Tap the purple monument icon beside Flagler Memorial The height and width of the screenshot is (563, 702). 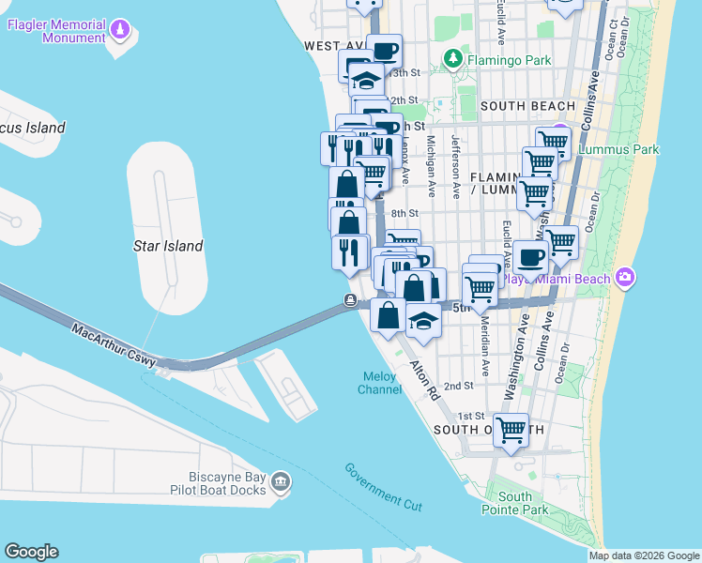pos(119,31)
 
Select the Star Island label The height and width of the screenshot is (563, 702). pos(167,246)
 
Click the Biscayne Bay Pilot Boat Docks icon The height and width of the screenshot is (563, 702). pos(280,482)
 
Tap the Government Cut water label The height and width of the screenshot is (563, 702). pos(383,487)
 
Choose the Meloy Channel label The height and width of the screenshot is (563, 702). pos(382,383)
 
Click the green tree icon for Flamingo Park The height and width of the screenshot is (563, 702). pos(453,59)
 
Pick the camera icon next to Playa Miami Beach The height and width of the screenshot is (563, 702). pos(626,278)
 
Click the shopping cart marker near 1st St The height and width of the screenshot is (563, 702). pos(511,431)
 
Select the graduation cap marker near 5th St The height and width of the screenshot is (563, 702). pos(424,321)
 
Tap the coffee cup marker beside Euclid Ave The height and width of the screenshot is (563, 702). pos(530,256)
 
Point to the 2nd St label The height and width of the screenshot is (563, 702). pos(458,386)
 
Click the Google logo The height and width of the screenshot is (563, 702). pos(31,552)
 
